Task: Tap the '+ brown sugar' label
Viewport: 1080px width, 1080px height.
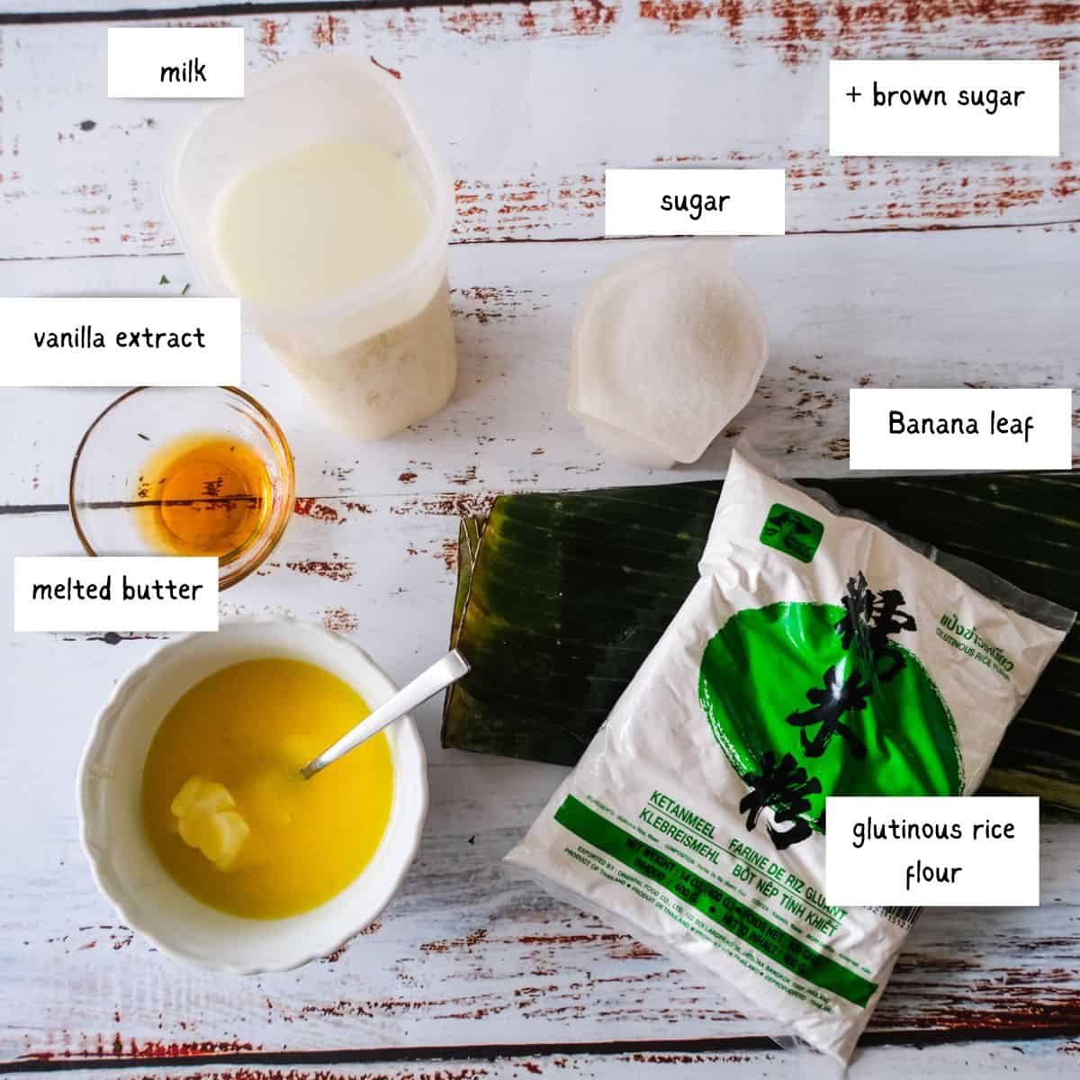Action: click(x=935, y=96)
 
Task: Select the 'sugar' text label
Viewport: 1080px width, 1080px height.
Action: click(x=694, y=202)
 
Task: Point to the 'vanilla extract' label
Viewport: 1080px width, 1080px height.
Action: click(x=120, y=338)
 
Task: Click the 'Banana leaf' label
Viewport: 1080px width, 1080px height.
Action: click(x=959, y=424)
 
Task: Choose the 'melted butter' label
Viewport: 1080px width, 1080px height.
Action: click(x=117, y=590)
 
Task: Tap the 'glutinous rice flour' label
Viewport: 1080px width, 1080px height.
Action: click(x=932, y=849)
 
